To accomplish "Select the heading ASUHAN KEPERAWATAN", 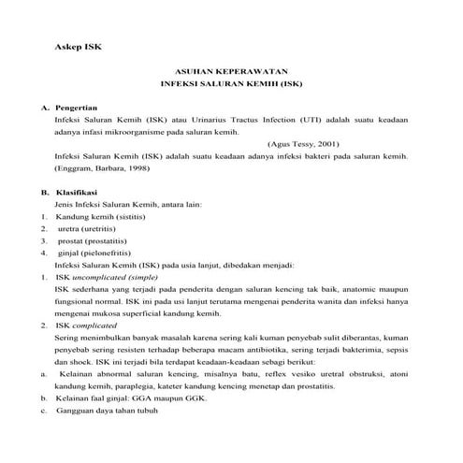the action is click(232, 70).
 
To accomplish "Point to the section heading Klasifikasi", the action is click(78, 191).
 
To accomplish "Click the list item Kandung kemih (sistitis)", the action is click(96, 216).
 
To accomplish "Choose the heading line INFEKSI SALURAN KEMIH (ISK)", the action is click(232, 83).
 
